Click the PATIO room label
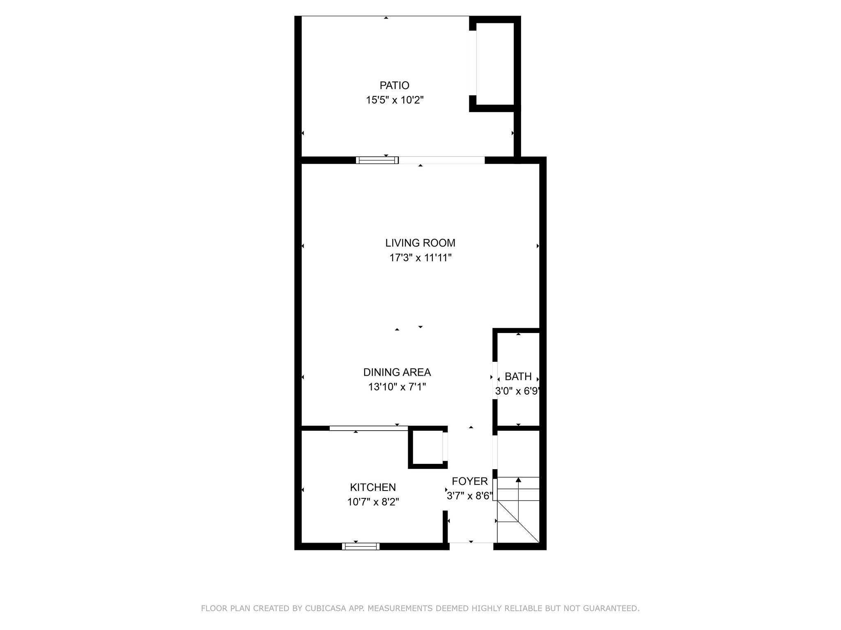[394, 85]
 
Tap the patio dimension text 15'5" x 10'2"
[395, 100]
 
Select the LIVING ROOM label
[420, 243]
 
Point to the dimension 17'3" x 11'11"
[420, 258]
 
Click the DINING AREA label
[397, 372]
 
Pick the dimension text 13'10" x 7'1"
[397, 387]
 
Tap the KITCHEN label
[373, 487]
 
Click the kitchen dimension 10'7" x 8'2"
[373, 502]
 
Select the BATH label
[518, 377]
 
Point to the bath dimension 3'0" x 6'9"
[517, 391]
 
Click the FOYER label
[470, 481]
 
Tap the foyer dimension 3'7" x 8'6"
[470, 496]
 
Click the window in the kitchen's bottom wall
[361, 546]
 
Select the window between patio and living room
[377, 160]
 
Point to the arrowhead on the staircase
[518, 479]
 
